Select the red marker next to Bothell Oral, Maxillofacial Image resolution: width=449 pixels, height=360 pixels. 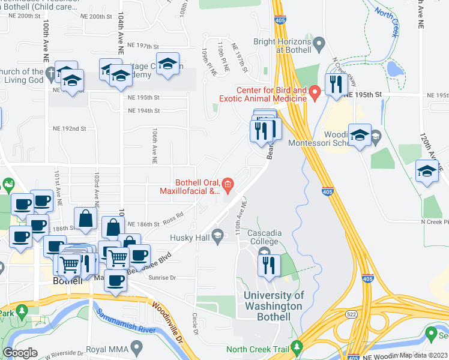pyautogui.click(x=228, y=185)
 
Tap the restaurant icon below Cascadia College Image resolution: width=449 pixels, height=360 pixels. pyautogui.click(x=269, y=265)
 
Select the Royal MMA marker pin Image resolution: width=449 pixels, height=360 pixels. pyautogui.click(x=137, y=346)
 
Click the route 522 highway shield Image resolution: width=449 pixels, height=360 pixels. pyautogui.click(x=352, y=312)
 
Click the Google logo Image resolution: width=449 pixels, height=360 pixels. pyautogui.click(x=20, y=353)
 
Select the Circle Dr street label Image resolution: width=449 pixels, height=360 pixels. pyautogui.click(x=195, y=323)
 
